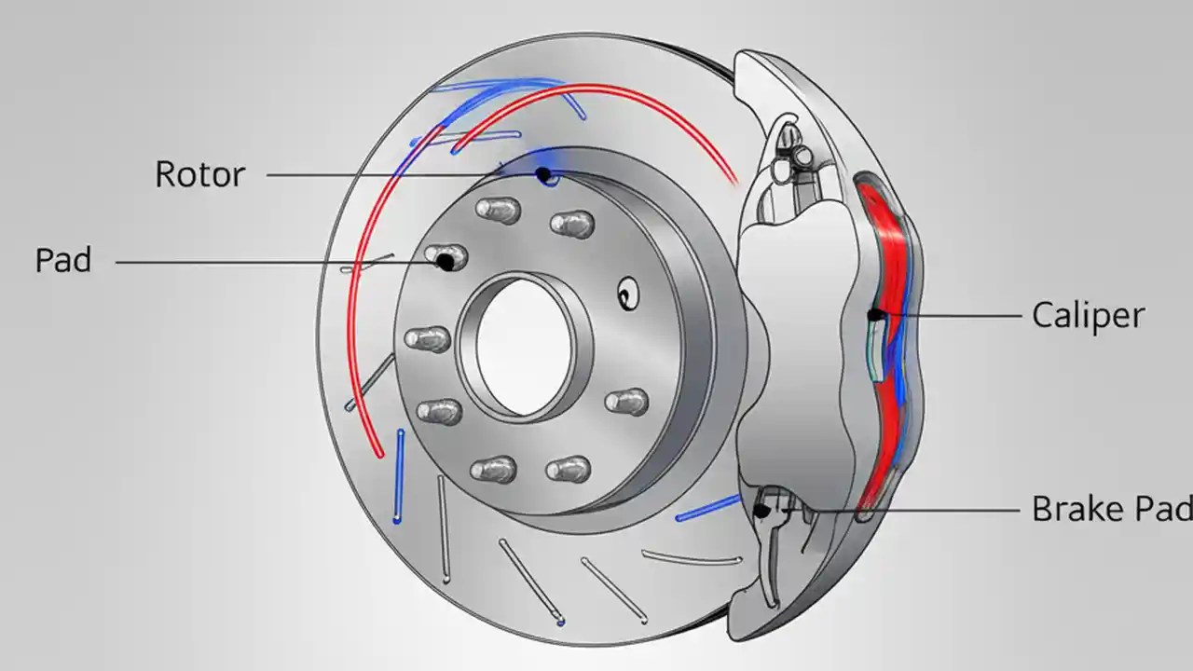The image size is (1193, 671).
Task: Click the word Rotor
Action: click(199, 174)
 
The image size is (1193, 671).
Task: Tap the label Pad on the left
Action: click(63, 261)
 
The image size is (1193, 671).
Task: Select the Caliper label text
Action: click(1088, 315)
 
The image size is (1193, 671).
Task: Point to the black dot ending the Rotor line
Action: click(542, 174)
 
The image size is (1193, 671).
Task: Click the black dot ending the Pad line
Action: click(446, 263)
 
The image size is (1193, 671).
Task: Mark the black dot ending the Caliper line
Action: click(874, 315)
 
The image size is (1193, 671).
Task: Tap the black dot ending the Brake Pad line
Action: click(761, 510)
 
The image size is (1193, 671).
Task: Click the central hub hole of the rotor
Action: click(523, 346)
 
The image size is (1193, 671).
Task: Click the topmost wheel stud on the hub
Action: click(498, 209)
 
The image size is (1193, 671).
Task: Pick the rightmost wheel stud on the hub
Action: click(626, 402)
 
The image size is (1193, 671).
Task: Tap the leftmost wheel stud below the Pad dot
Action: click(427, 338)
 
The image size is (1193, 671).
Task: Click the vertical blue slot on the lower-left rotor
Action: click(399, 475)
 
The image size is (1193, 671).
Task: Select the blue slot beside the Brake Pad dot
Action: click(708, 508)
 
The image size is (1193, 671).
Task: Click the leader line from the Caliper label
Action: click(951, 315)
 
